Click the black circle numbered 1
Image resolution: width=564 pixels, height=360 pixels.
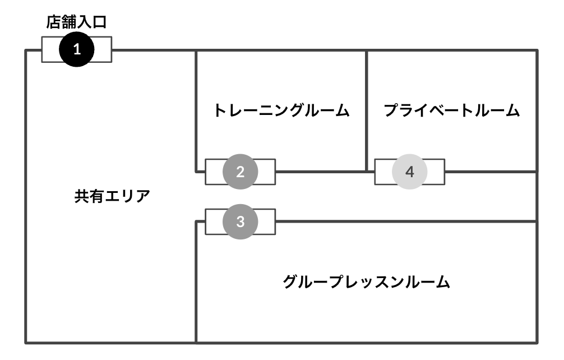point(77,49)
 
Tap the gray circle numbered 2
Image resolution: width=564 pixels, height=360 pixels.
point(240,172)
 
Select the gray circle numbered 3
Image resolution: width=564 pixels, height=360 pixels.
point(240,221)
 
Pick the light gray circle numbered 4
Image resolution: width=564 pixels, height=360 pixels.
point(410,172)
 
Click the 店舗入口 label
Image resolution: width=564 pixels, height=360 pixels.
point(76,22)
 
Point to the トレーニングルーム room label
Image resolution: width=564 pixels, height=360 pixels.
point(281,110)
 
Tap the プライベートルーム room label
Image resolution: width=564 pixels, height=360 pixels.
point(452,110)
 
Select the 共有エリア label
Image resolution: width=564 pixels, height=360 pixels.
point(112,197)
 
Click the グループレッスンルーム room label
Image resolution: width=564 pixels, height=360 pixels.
point(367,281)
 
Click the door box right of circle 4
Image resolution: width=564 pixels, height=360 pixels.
point(436,172)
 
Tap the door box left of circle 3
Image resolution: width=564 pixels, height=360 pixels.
point(213,221)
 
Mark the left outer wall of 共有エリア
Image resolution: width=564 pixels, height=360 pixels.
point(26,196)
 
